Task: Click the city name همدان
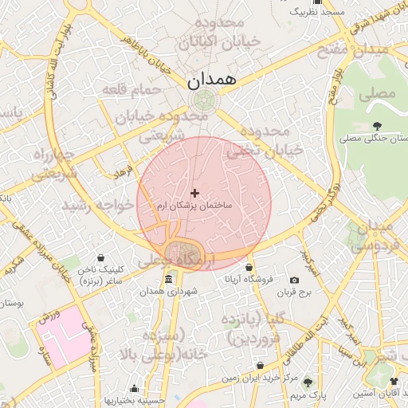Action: coord(211,81)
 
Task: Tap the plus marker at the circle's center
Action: coord(194,193)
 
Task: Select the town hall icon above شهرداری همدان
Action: coord(168,280)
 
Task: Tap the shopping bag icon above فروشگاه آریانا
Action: coord(249,267)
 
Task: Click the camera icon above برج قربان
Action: coord(295,280)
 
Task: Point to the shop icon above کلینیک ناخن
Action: coord(101,258)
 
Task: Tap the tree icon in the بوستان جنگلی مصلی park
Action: coord(376,125)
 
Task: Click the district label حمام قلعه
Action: coord(133,90)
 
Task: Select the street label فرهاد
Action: coord(121,171)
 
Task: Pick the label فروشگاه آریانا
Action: coord(249,279)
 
